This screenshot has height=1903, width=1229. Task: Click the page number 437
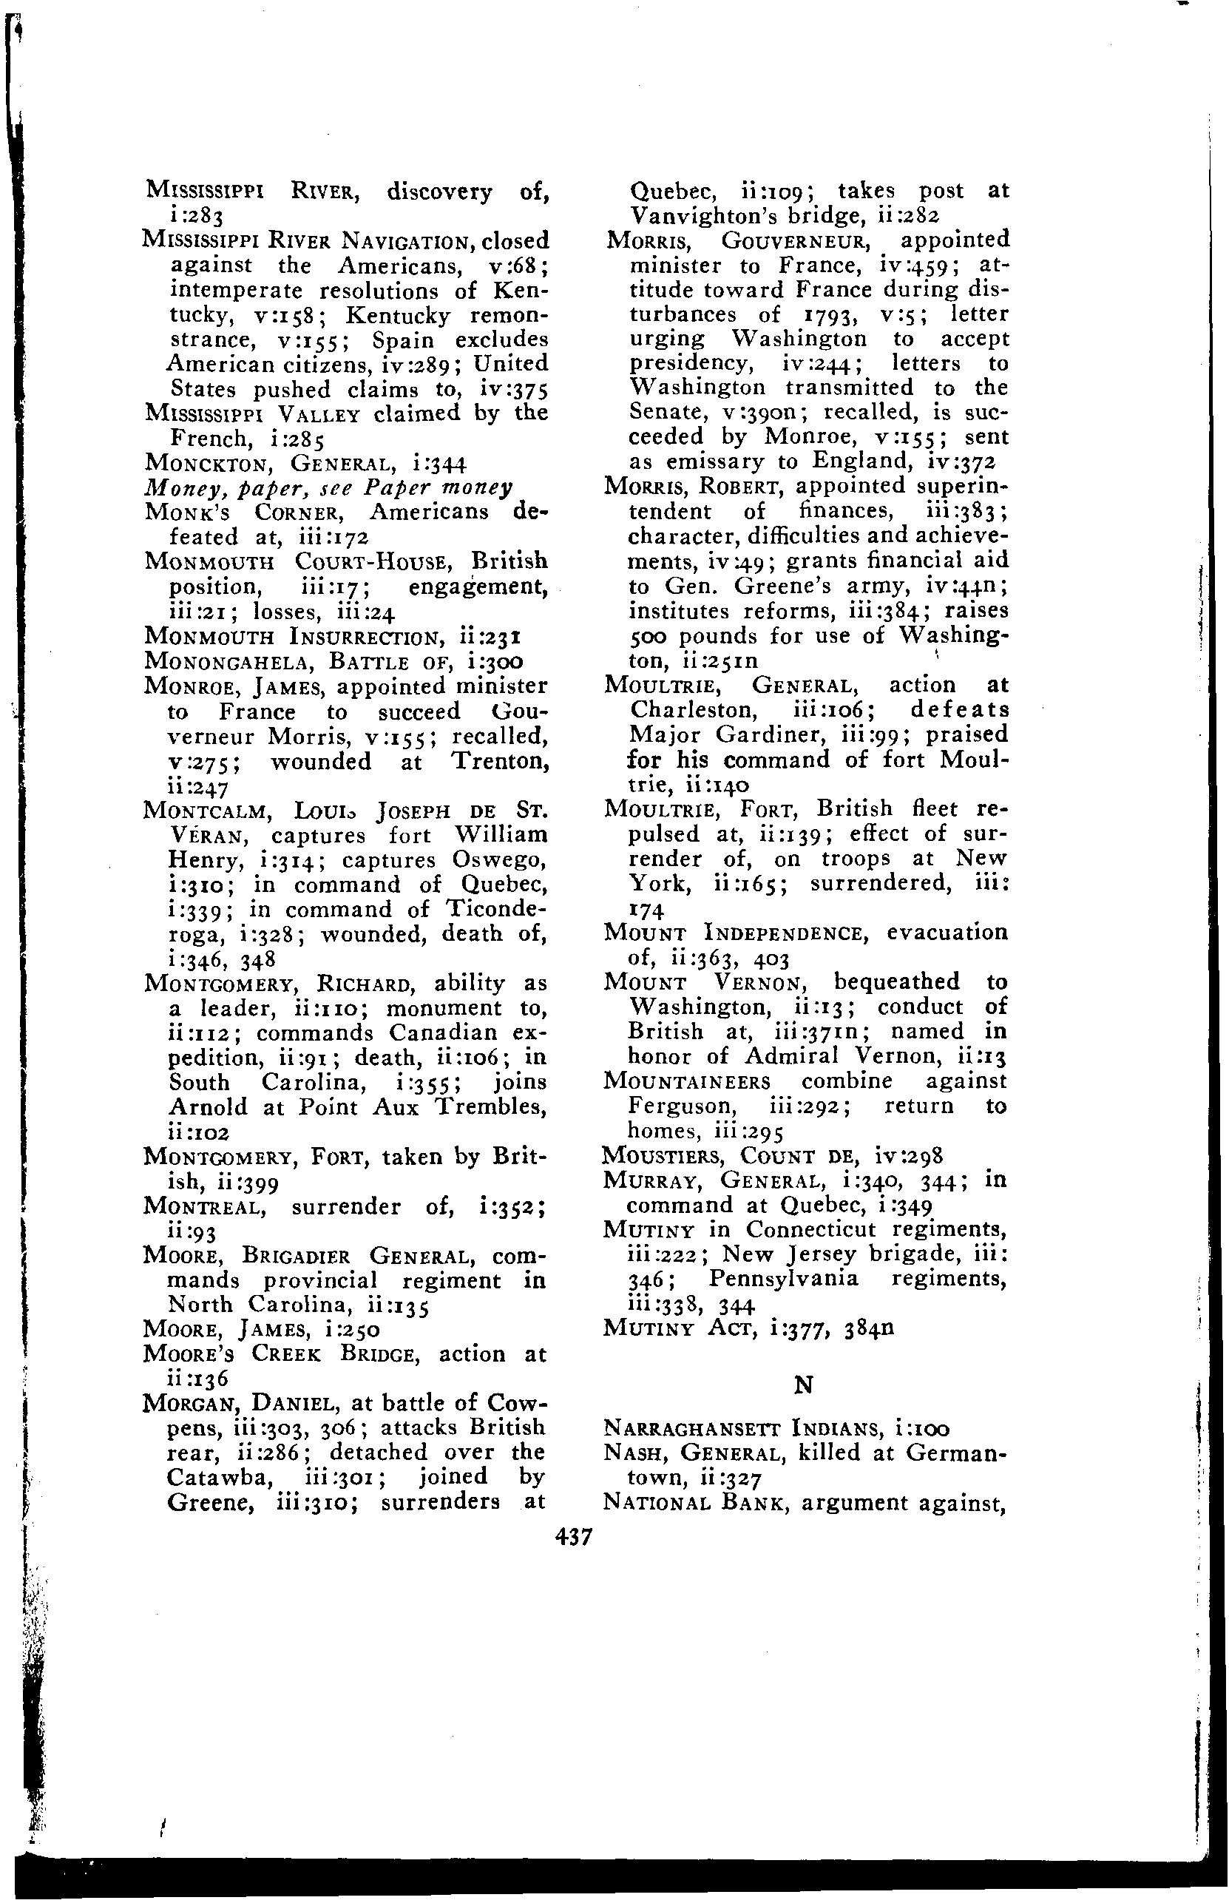[x=573, y=1537]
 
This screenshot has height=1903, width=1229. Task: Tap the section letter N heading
[x=804, y=1385]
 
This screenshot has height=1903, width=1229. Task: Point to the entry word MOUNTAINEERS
[x=687, y=1081]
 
